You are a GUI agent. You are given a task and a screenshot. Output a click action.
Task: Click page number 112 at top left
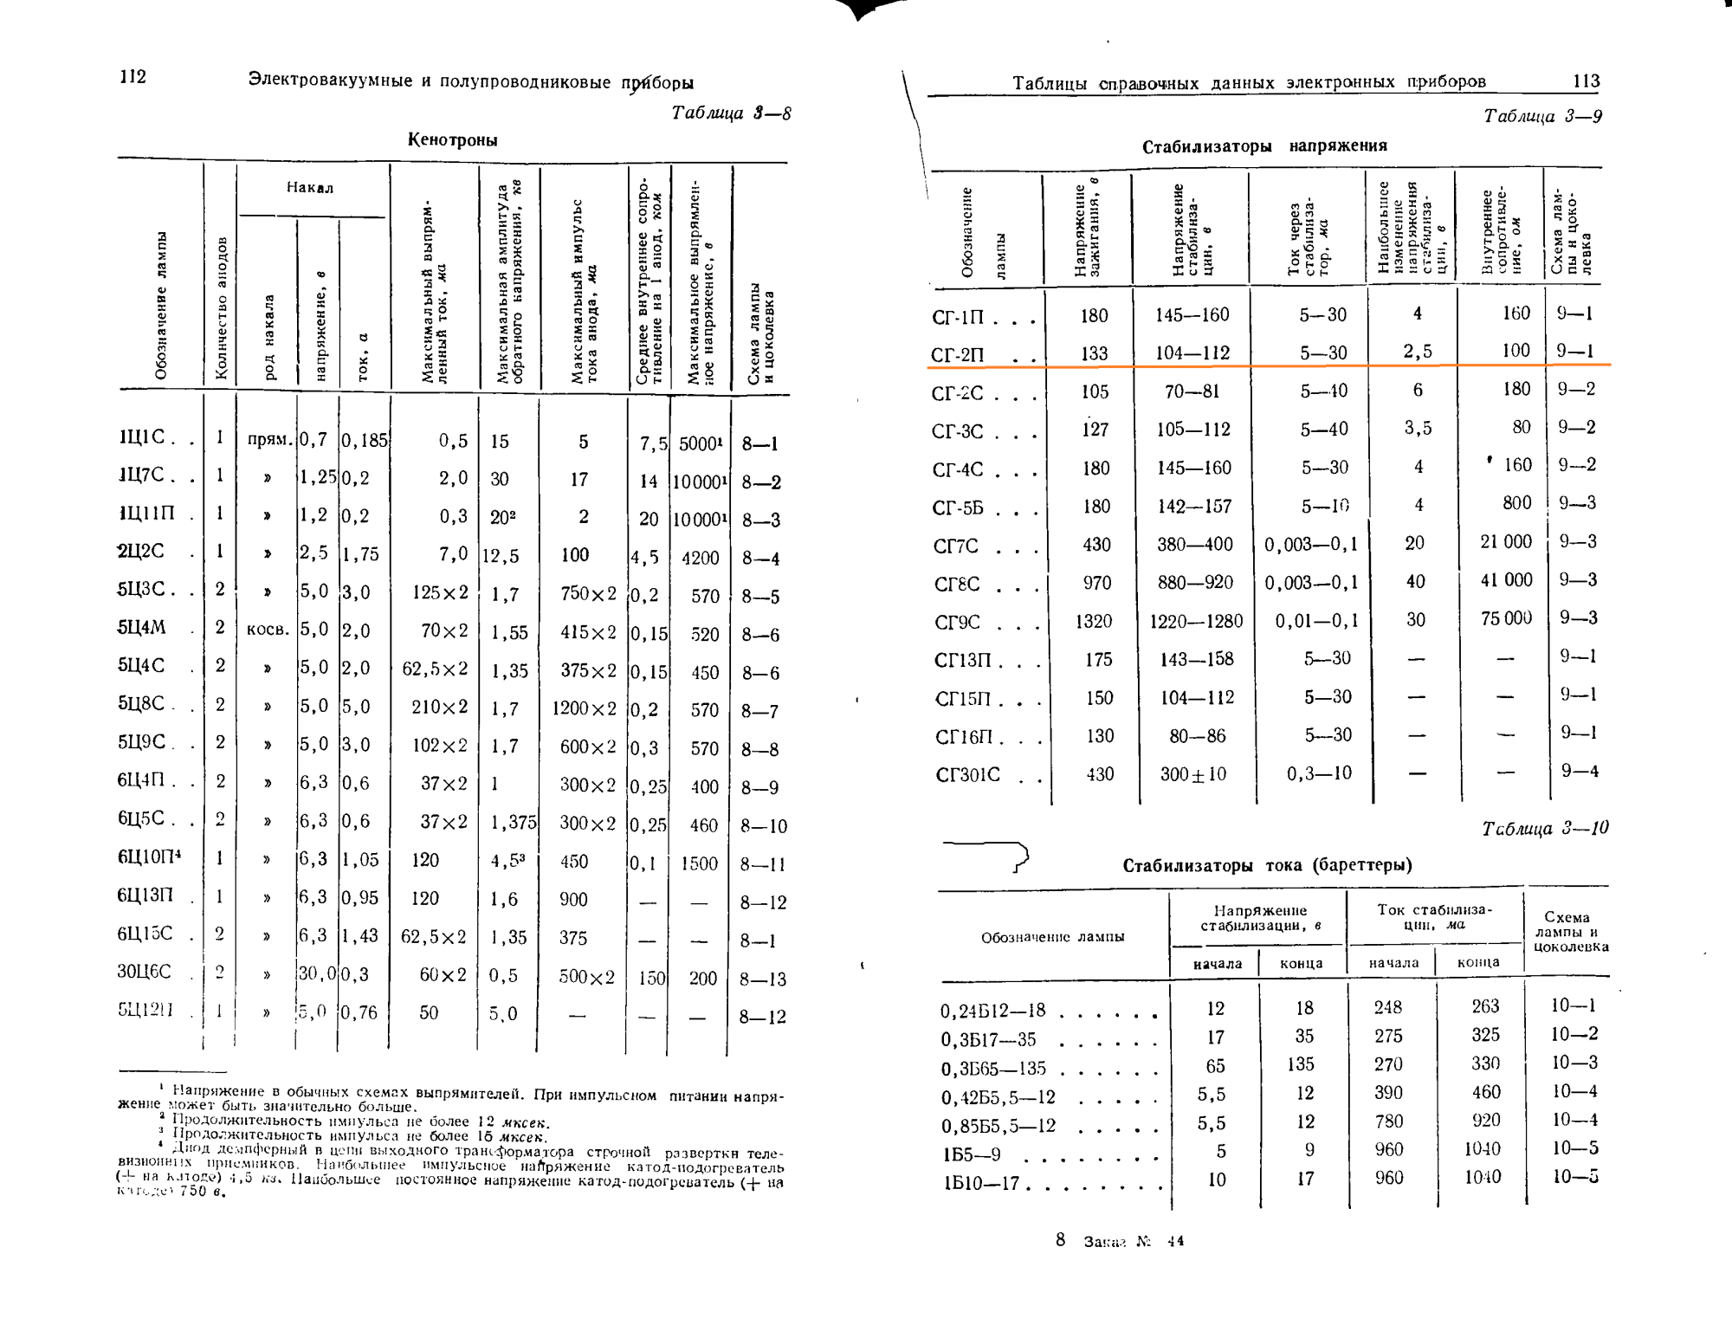(132, 77)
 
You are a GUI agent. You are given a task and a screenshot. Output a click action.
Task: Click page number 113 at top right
(1586, 81)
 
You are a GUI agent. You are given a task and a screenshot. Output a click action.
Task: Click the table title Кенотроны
(452, 140)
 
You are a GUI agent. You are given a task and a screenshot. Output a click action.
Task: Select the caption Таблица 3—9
(1542, 117)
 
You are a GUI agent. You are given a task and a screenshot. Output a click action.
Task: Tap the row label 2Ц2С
(141, 552)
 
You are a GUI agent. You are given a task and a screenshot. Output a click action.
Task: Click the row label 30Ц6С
(144, 972)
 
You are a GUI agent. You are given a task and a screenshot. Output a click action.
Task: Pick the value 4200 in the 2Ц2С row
(700, 558)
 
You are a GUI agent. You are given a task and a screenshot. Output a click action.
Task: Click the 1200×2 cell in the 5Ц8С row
(585, 709)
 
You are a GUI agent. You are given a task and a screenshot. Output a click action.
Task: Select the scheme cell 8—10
(763, 826)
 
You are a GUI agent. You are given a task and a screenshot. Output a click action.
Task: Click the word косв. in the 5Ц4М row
(268, 630)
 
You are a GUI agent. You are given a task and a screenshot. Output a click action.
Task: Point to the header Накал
(310, 188)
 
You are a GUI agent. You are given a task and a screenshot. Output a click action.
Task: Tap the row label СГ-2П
(958, 354)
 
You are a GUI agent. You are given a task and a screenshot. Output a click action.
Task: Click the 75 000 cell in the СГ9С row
(1506, 618)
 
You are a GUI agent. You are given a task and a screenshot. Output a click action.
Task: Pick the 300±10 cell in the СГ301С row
(1192, 774)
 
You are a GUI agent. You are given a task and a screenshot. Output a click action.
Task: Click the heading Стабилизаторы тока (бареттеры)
(1267, 865)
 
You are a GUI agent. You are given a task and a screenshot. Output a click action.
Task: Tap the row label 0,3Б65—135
(994, 1069)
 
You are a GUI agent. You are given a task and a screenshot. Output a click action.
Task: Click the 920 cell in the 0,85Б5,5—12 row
(1485, 1121)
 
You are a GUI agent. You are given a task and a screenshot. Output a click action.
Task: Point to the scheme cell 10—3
(1574, 1063)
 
